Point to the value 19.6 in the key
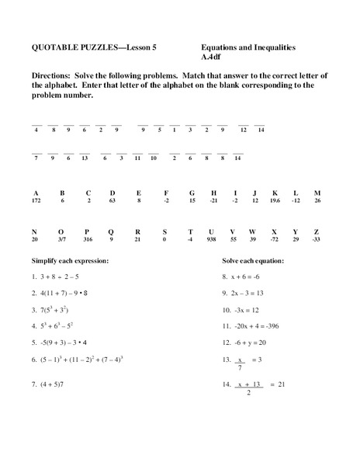275,201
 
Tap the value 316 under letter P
88,240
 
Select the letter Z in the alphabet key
317,231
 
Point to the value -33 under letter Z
317,240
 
